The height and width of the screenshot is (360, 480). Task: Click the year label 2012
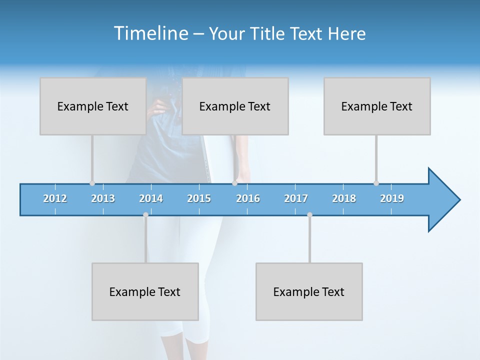click(x=55, y=198)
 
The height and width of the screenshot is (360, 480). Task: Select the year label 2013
click(x=103, y=198)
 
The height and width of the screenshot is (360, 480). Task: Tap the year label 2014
click(x=151, y=198)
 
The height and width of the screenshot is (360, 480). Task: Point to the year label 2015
click(x=199, y=198)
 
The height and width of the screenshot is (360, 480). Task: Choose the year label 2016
click(x=248, y=198)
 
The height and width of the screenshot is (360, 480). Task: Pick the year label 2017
click(x=296, y=198)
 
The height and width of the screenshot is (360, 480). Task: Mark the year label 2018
click(x=344, y=198)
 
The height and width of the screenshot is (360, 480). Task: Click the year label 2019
click(x=392, y=198)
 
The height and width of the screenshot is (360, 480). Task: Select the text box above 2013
click(x=93, y=106)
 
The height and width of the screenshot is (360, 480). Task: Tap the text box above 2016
click(x=235, y=106)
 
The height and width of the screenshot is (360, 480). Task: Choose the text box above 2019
click(x=377, y=106)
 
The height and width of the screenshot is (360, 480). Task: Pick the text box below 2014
click(x=145, y=291)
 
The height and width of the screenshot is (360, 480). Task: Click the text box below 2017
click(x=309, y=291)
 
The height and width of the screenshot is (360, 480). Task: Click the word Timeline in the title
click(x=150, y=33)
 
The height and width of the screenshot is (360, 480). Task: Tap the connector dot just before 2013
click(x=92, y=183)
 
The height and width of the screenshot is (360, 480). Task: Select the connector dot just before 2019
click(x=376, y=183)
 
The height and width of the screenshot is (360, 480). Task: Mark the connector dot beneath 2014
click(x=145, y=214)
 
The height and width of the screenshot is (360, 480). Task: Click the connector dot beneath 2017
click(x=309, y=214)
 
